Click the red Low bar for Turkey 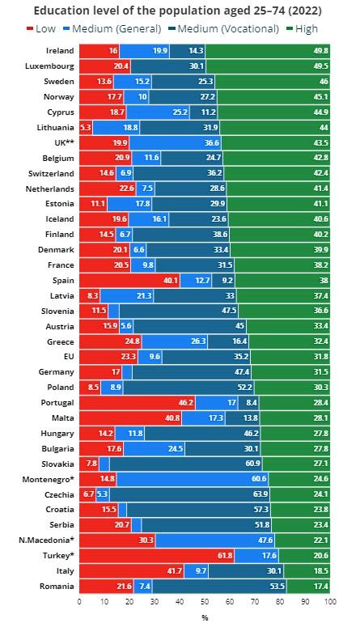click(157, 556)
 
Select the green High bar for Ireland click(268, 51)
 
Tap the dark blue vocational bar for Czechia click(189, 494)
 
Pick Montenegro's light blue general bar click(193, 479)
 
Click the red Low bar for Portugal click(138, 402)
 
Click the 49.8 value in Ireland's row click(321, 51)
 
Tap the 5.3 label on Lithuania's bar click(86, 128)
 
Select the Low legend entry click(41, 28)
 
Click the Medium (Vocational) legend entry click(225, 28)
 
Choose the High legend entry click(303, 28)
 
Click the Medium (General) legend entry click(112, 28)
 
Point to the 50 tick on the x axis click(205, 601)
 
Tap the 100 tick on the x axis click(330, 601)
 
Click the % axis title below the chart click(205, 617)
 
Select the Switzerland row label click(51, 174)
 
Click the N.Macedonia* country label click(46, 540)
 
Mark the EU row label click(69, 357)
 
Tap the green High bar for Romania click(308, 586)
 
